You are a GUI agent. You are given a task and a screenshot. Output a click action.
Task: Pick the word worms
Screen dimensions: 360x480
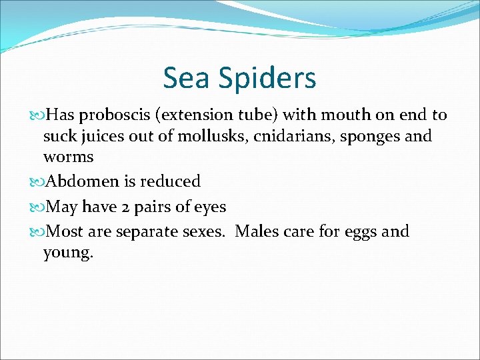click(x=68, y=158)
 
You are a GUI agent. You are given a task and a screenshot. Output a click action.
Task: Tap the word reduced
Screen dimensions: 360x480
click(x=170, y=181)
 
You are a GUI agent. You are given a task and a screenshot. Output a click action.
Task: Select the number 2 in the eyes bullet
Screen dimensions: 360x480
click(x=125, y=207)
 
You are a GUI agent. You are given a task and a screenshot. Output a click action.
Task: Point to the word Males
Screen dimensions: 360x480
click(x=258, y=231)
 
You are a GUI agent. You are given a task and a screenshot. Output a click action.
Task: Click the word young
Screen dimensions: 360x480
click(x=68, y=254)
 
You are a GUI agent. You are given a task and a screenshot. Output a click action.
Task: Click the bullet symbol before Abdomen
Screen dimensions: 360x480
click(x=37, y=182)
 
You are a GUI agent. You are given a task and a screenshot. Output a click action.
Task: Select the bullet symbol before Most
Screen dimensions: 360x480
click(x=37, y=232)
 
